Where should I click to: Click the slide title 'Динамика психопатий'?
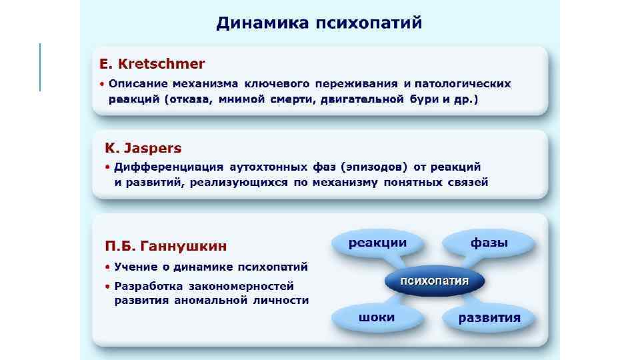click(319, 23)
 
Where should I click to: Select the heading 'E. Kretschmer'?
click(152, 65)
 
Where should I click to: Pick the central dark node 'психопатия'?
click(434, 281)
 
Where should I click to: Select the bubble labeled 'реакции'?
click(377, 243)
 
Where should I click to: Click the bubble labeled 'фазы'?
click(489, 243)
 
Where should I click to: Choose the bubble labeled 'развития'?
click(489, 317)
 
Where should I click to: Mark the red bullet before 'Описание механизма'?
click(103, 85)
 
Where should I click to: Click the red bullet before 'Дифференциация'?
click(107, 167)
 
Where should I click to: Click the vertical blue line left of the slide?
click(40, 67)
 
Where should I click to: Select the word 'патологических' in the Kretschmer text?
click(463, 84)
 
